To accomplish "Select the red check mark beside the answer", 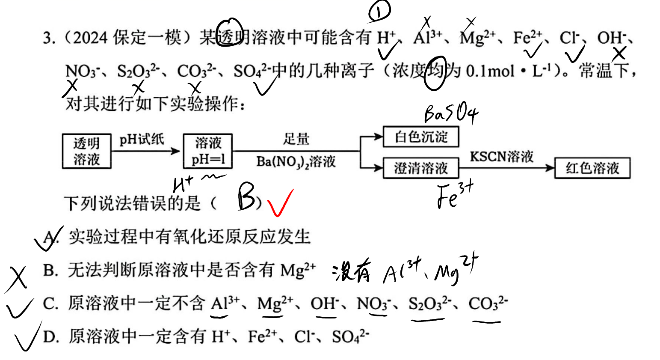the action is [x=280, y=203].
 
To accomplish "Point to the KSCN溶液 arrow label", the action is [x=501, y=157].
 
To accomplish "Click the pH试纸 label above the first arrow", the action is [x=142, y=139].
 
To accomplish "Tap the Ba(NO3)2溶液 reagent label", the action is [x=296, y=161].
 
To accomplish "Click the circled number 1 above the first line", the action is [x=379, y=11].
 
